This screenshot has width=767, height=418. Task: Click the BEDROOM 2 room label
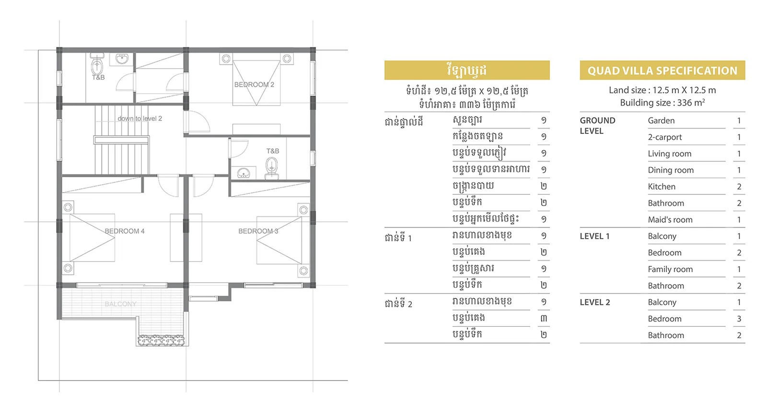pyautogui.click(x=254, y=84)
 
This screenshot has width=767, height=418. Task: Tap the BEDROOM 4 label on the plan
pyautogui.click(x=125, y=231)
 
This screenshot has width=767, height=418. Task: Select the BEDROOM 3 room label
pyautogui.click(x=258, y=231)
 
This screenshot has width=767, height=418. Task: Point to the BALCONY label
pyautogui.click(x=120, y=304)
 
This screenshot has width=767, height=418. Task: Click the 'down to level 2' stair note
pyautogui.click(x=139, y=119)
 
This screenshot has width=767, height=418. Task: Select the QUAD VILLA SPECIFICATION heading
pyautogui.click(x=662, y=71)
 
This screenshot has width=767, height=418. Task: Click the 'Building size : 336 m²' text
pyautogui.click(x=662, y=103)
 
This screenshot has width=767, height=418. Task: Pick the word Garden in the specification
pyautogui.click(x=661, y=121)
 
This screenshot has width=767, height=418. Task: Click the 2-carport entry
pyautogui.click(x=664, y=137)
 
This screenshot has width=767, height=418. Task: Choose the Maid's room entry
pyautogui.click(x=670, y=220)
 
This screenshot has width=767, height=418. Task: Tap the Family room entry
pyautogui.click(x=670, y=270)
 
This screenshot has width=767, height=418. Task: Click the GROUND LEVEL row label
pyautogui.click(x=597, y=126)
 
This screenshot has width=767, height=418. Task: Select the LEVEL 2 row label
pyautogui.click(x=595, y=302)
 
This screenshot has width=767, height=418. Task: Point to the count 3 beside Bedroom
pyautogui.click(x=739, y=319)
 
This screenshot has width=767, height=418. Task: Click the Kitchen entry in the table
pyautogui.click(x=662, y=187)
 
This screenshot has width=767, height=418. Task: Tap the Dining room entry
pyautogui.click(x=671, y=170)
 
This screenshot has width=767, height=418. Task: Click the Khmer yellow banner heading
pyautogui.click(x=467, y=70)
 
